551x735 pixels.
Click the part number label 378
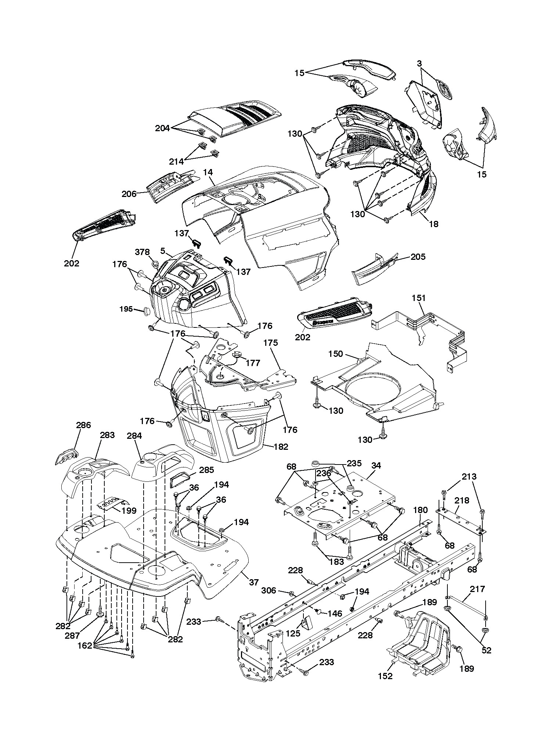point(142,252)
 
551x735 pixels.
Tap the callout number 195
point(126,309)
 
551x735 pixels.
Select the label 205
point(418,257)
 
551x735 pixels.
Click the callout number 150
point(335,354)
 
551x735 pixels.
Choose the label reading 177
point(253,363)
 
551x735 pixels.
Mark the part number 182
point(281,447)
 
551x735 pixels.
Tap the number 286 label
point(83,425)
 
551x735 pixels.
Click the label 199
point(129,510)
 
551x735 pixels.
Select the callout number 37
point(254,582)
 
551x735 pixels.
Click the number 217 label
point(478,589)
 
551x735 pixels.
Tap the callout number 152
point(385,676)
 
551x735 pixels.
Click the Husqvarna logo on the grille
point(323,322)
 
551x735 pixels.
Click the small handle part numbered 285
point(180,480)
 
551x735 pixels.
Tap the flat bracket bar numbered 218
point(460,518)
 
